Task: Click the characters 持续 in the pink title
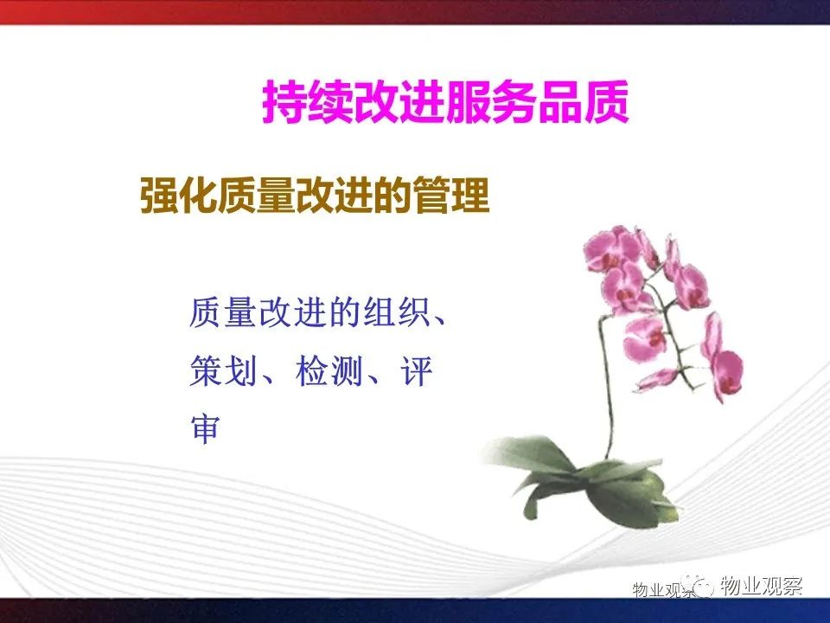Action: pyautogui.click(x=308, y=102)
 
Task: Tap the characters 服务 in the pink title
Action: pyautogui.click(x=491, y=102)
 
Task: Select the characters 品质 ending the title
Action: pyautogui.click(x=583, y=102)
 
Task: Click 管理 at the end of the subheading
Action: pyautogui.click(x=451, y=196)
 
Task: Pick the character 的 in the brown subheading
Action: pyautogui.click(x=393, y=196)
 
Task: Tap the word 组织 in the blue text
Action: pyautogui.click(x=398, y=312)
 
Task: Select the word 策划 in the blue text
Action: pyautogui.click(x=223, y=370)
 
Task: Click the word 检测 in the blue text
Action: pyautogui.click(x=329, y=370)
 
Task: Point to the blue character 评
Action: pyautogui.click(x=417, y=370)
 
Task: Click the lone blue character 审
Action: pyautogui.click(x=206, y=428)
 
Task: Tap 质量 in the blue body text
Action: pyautogui.click(x=223, y=312)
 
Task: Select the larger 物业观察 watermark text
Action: pyautogui.click(x=761, y=586)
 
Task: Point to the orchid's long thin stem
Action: pyautogui.click(x=607, y=382)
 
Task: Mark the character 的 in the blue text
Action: pyautogui.click(x=346, y=312)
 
